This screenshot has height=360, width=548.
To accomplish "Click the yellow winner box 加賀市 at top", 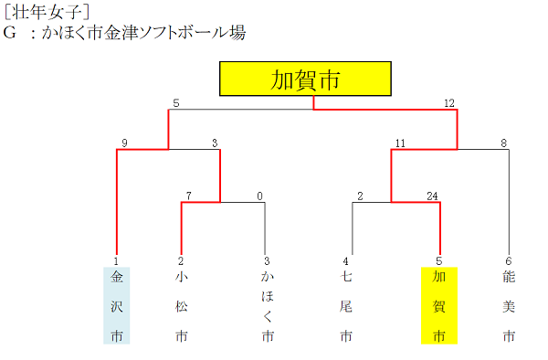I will (305, 79).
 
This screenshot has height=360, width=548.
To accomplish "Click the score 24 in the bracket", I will (434, 196).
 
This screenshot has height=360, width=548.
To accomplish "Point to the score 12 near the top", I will (449, 103).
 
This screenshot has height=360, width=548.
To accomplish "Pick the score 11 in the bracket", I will (400, 143).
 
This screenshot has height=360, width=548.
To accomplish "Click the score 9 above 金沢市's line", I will (123, 143).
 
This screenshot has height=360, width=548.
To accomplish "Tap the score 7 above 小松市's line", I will (188, 196).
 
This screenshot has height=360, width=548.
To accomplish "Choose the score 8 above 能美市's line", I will (502, 143).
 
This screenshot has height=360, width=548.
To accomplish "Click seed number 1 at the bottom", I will (117, 260).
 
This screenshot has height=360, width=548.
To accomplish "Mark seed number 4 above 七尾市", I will (346, 260).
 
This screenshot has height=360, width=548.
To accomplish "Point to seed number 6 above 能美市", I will (509, 260).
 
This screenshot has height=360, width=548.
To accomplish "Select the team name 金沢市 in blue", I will (117, 305).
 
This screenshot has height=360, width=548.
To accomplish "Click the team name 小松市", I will (182, 305).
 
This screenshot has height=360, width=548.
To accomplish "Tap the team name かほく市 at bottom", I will (267, 305).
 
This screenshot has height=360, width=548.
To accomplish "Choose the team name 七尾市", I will (346, 305).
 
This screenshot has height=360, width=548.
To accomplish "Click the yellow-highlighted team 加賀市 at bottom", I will (439, 305).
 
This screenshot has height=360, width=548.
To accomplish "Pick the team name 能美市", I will (509, 305).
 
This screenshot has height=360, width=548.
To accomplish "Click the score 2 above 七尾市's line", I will (360, 196).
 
